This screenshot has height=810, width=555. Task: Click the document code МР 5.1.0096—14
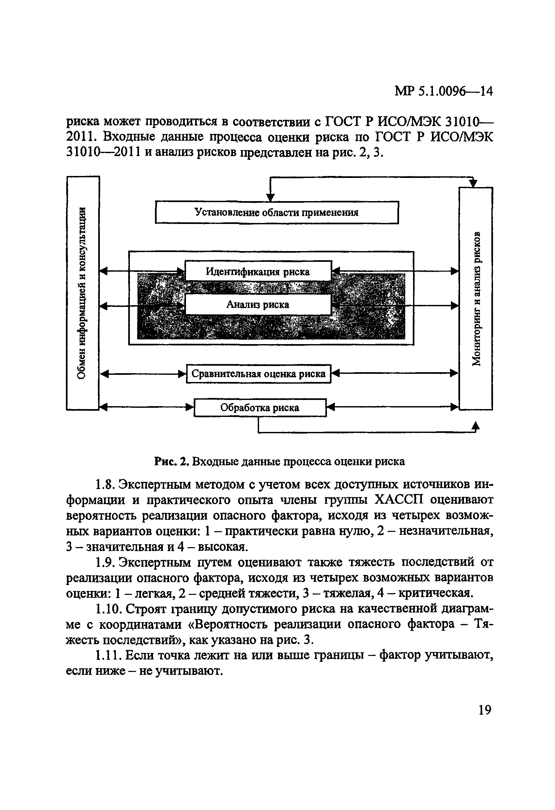(x=443, y=91)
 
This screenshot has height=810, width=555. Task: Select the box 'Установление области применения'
(x=276, y=212)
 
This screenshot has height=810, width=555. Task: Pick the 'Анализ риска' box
(x=258, y=305)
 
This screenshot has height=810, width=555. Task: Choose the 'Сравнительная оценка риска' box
(x=258, y=373)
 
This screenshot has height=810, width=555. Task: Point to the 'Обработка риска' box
(x=260, y=407)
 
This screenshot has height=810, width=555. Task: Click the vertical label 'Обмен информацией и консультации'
(x=82, y=293)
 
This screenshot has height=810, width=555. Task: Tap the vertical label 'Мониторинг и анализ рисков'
(x=476, y=298)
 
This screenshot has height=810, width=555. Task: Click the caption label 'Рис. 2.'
(x=172, y=462)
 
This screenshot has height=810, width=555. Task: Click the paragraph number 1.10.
(x=108, y=609)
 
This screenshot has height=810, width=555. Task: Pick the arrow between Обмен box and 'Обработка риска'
(x=146, y=407)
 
